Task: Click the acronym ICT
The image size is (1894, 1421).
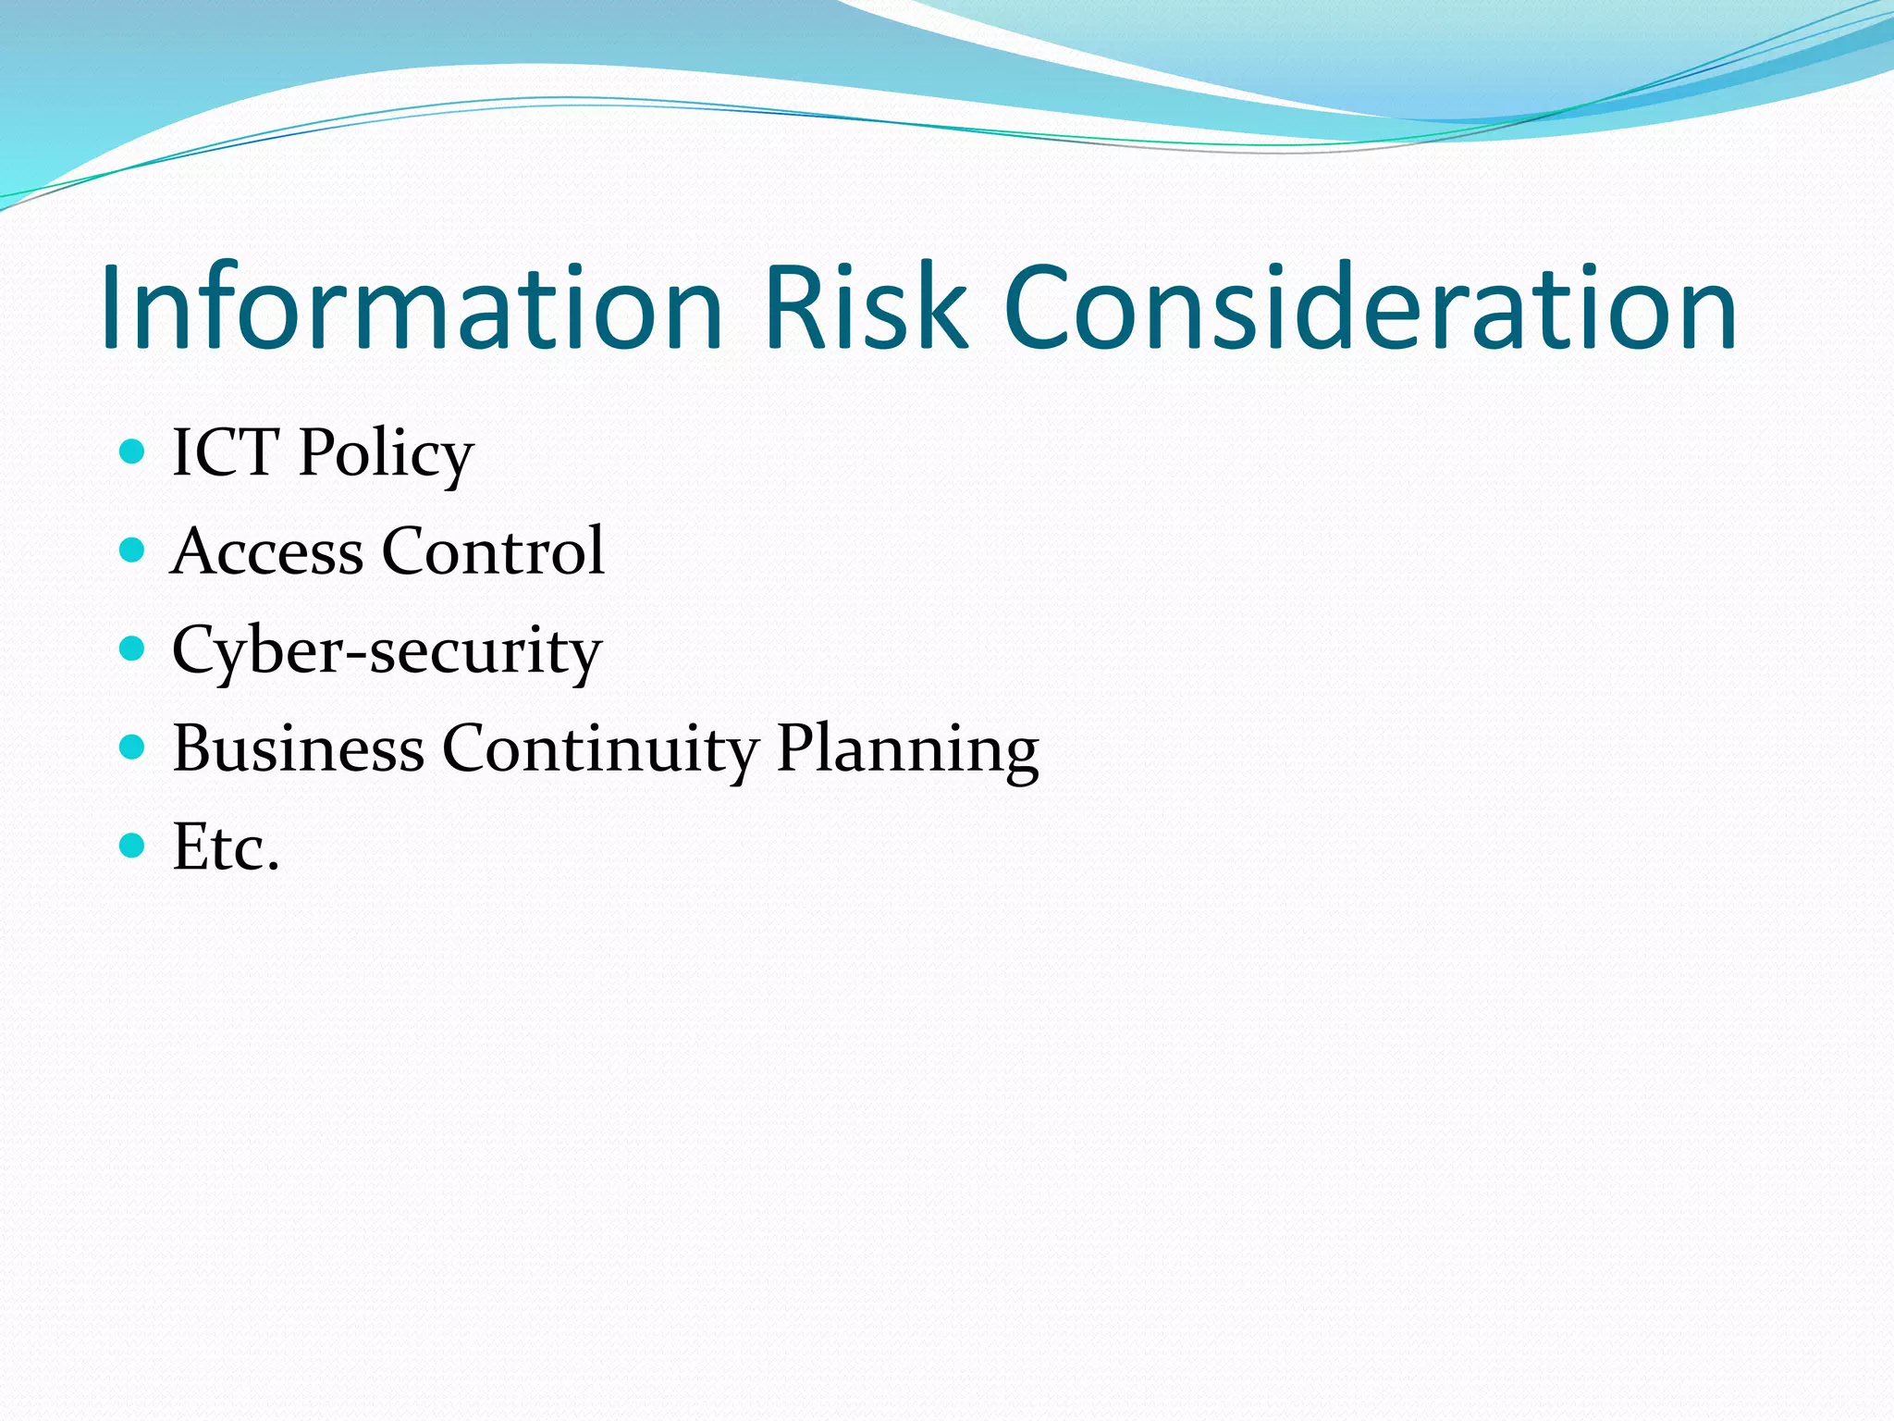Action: pyautogui.click(x=226, y=452)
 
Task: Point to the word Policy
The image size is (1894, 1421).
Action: pyautogui.click(x=386, y=455)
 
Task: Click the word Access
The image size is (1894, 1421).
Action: pyautogui.click(x=267, y=551)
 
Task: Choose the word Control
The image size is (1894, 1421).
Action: pyautogui.click(x=493, y=551)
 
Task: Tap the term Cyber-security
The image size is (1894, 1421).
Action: pyautogui.click(x=387, y=651)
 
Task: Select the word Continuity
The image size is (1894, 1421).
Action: pyautogui.click(x=600, y=749)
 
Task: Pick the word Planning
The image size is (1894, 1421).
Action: pyautogui.click(x=907, y=751)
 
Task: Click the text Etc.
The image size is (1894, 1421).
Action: pyautogui.click(x=226, y=847)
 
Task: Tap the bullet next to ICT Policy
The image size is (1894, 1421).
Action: pyautogui.click(x=133, y=451)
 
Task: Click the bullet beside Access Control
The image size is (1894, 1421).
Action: pyautogui.click(x=133, y=550)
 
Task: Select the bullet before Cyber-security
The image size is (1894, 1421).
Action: pyautogui.click(x=133, y=649)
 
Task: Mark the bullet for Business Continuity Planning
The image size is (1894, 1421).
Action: pyautogui.click(x=133, y=747)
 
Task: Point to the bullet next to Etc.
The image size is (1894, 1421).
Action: pyautogui.click(x=133, y=845)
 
